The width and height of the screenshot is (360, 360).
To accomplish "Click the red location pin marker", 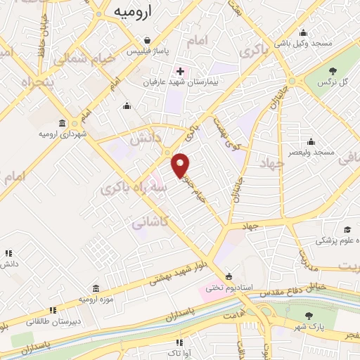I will (x=181, y=165).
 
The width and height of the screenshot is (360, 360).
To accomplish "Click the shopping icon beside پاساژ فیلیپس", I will (x=146, y=40).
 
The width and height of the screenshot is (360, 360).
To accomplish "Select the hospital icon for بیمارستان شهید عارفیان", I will (x=180, y=71).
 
